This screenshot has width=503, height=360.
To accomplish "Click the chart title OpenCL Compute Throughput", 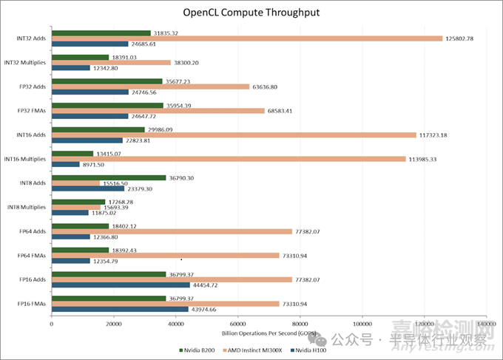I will click(x=251, y=13).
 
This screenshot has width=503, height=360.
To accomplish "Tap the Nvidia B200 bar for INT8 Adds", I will click(x=109, y=177).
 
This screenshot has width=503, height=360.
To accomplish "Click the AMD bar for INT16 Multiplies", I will click(x=229, y=159).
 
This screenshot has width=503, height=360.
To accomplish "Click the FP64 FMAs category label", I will click(x=28, y=255).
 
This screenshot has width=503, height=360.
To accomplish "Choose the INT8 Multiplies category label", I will click(x=25, y=207).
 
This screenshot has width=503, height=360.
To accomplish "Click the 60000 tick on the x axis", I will click(x=237, y=324).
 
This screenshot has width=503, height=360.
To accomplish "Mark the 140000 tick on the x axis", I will click(x=486, y=324).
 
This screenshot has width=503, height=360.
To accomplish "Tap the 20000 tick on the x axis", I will click(x=113, y=324).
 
